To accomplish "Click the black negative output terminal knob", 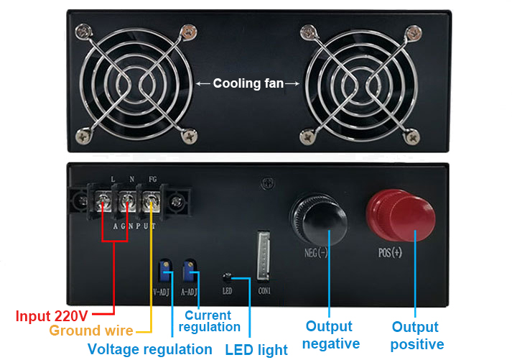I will click(x=317, y=216).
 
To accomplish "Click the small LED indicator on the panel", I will click(x=227, y=276).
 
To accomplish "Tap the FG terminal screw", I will click(x=151, y=202).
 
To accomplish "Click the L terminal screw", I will click(x=103, y=203).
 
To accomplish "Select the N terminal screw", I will click(x=127, y=203).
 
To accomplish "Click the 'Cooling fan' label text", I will click(x=248, y=84).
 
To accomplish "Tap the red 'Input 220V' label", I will click(x=52, y=315).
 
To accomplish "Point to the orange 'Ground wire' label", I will click(x=91, y=331).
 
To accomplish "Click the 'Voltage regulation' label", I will click(x=149, y=349).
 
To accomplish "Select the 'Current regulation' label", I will click(x=209, y=321).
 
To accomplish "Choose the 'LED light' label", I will click(x=256, y=350).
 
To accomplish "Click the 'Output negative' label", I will click(x=330, y=336).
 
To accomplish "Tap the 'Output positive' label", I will click(x=416, y=336).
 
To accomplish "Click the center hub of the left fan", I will click(x=136, y=84).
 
